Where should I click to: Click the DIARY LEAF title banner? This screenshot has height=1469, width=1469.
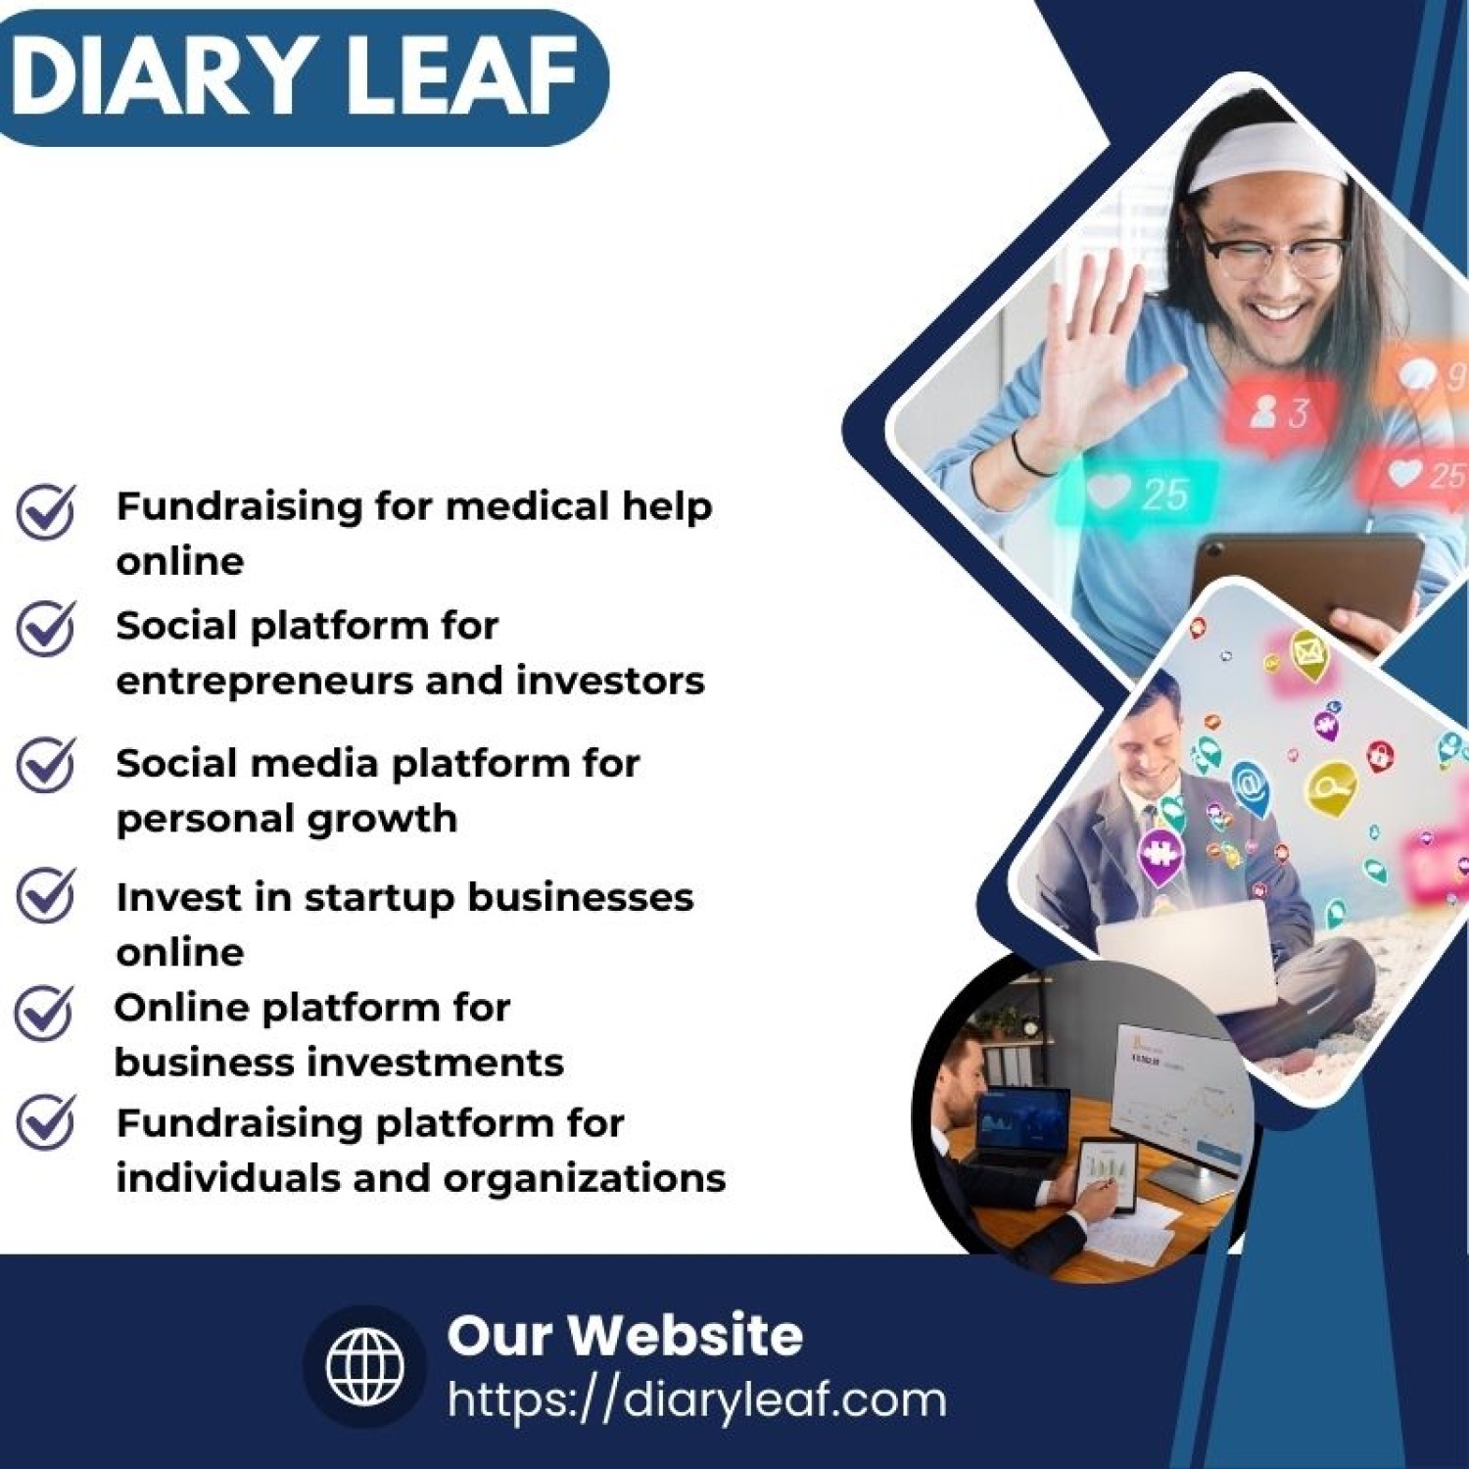point(294,76)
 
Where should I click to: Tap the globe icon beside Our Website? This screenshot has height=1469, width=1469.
point(364,1365)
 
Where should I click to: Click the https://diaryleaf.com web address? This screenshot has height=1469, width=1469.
point(696,1399)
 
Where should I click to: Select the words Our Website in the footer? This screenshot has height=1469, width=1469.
point(624,1335)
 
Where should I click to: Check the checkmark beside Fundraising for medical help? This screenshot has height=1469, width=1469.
point(46,510)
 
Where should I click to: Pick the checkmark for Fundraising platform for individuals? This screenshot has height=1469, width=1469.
point(46,1121)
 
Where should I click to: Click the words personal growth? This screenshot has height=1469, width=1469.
point(286,819)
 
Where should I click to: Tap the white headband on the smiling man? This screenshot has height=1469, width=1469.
point(1263,157)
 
